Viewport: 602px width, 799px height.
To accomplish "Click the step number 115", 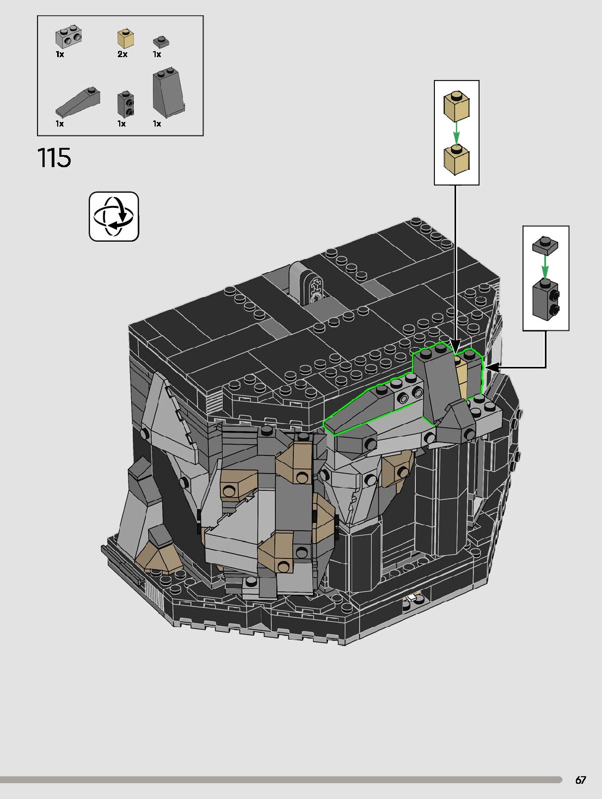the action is click(x=54, y=158).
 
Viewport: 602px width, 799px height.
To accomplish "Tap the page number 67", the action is click(x=581, y=780).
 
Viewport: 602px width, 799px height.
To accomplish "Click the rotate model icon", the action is click(x=114, y=217).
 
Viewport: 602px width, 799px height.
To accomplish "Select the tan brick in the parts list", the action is click(x=126, y=39).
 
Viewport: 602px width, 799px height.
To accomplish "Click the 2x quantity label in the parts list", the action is click(x=122, y=54).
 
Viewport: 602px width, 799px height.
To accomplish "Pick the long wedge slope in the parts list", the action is click(x=78, y=101).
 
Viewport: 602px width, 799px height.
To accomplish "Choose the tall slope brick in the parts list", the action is click(x=169, y=93).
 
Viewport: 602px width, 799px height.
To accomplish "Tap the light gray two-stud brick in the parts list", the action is click(x=69, y=37).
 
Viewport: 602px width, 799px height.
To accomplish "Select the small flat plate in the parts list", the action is click(x=161, y=42).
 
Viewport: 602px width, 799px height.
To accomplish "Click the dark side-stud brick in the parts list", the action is click(x=126, y=103).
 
